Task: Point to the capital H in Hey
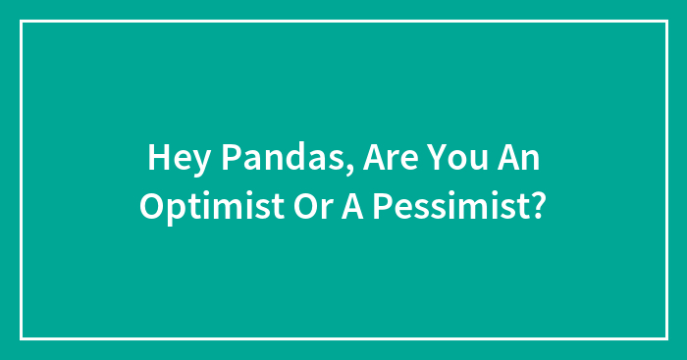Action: coord(157,156)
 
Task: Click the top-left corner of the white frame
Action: coord(22,22)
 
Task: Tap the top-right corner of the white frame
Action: coord(665,22)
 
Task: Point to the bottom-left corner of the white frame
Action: coord(22,338)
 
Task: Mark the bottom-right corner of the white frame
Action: coord(665,338)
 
